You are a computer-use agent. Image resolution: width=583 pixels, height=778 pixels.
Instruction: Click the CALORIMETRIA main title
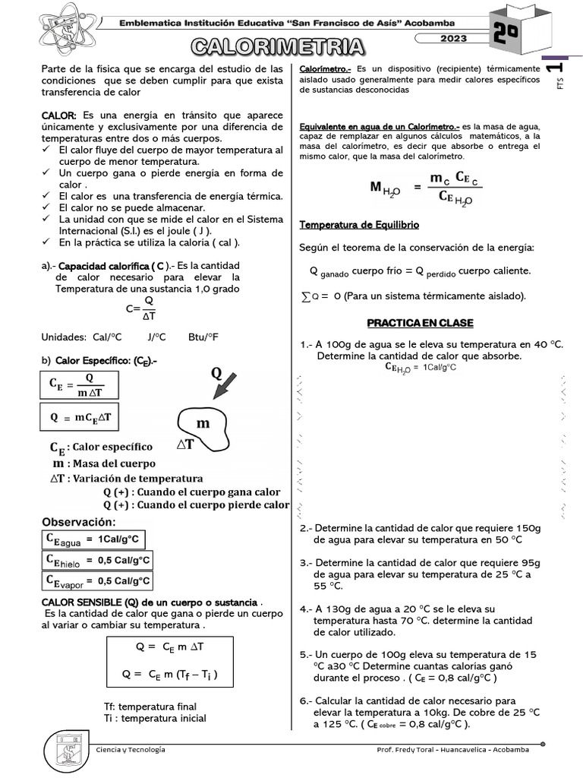coord(278,48)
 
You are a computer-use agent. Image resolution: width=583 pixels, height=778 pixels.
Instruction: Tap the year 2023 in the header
coord(452,38)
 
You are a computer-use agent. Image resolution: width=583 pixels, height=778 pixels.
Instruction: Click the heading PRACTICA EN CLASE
coord(420,323)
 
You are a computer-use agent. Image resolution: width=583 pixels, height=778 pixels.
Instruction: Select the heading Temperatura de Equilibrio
coord(359,225)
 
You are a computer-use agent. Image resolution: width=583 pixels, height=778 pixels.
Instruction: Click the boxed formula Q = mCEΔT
coord(80,417)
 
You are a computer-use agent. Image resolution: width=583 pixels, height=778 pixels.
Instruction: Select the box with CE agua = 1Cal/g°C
coord(92,539)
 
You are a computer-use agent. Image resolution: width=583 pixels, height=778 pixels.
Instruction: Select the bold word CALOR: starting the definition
coord(59,114)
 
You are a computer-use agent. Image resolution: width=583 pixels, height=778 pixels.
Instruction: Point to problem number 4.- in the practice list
coord(307,609)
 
